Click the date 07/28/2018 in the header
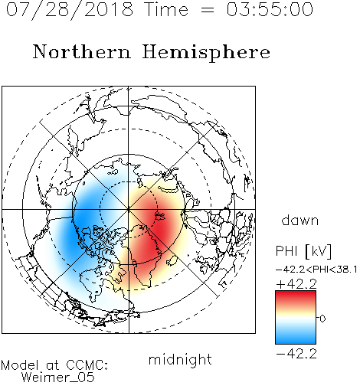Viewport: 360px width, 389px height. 70,10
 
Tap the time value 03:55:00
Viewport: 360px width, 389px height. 270,9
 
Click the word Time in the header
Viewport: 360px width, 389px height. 166,9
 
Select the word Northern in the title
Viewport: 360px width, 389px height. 82,51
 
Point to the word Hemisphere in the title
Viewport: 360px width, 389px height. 206,52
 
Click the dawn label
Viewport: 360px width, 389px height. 300,220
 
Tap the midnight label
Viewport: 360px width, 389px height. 180,360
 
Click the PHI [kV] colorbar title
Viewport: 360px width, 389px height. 303,251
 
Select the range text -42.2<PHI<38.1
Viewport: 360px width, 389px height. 316,270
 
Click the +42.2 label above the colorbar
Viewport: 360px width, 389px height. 296,284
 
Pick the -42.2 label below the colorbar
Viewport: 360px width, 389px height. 296,354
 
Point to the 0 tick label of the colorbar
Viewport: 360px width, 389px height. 322,319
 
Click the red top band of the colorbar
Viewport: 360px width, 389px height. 296,296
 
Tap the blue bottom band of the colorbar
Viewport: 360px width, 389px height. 296,338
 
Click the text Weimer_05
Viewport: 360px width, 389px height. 58,378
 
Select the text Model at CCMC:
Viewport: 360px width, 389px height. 54,365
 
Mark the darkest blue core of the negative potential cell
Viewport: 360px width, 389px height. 77,224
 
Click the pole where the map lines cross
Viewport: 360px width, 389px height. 129,209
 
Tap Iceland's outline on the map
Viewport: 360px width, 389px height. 172,260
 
